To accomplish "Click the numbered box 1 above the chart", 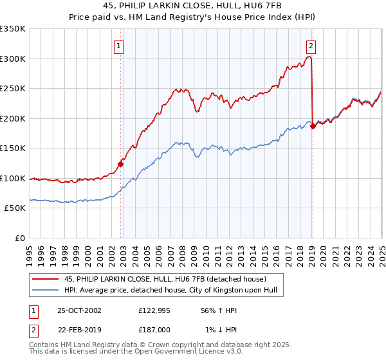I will coord(120,46).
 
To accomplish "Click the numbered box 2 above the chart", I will coord(311,46).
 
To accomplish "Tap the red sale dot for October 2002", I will coord(120,164).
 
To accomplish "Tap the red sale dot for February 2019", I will coord(313,126).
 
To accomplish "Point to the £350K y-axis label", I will coord(12,29).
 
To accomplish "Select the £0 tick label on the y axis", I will coord(20,238).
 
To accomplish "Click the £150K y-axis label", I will coord(12,148).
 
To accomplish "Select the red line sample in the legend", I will coord(46,278).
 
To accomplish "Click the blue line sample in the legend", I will coord(46,290).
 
